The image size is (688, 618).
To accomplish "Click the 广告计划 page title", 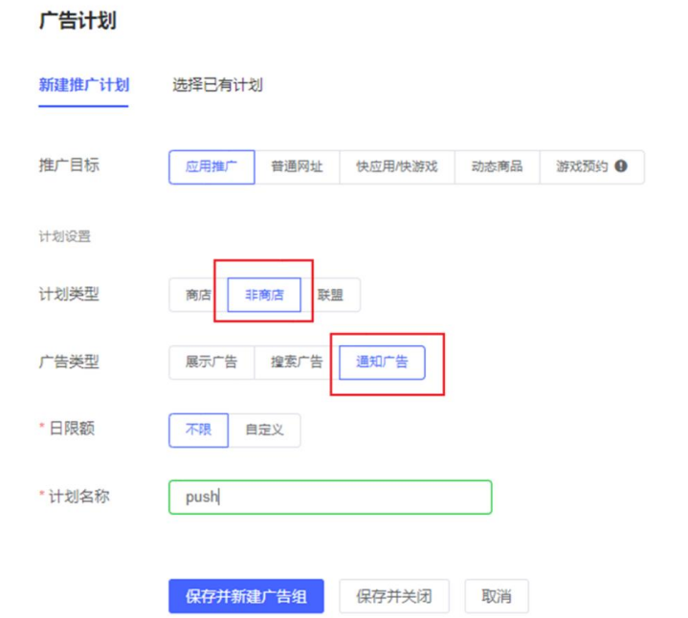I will tap(78, 20).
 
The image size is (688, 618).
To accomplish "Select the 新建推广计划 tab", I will tap(83, 85).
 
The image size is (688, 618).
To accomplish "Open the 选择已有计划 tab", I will tap(217, 85).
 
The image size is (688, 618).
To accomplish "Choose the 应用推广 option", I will tap(211, 166).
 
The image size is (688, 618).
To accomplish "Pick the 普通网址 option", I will tap(297, 166).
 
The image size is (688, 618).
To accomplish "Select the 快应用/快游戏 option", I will tap(396, 166).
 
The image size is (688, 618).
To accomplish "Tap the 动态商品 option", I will tap(497, 166).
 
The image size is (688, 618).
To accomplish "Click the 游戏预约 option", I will tap(582, 166).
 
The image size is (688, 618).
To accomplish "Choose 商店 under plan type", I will tap(198, 296).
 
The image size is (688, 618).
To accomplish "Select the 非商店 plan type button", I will tap(264, 296).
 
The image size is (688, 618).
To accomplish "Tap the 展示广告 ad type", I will tap(211, 363).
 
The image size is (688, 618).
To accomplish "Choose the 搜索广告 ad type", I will tap(297, 363).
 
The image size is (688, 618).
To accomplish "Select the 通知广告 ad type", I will tap(382, 363).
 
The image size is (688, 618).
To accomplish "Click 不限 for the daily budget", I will tap(198, 430).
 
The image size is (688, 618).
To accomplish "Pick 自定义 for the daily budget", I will tap(264, 430).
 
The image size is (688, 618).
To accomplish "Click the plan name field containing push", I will tap(330, 497).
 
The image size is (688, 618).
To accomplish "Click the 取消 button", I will tap(496, 596).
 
